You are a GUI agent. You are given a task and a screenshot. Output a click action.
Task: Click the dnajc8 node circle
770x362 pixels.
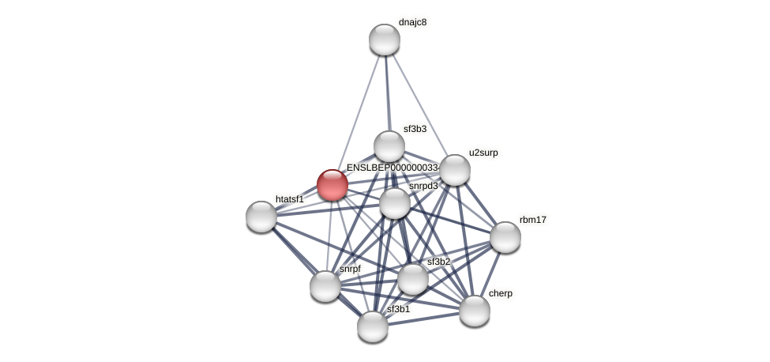(x=385, y=40)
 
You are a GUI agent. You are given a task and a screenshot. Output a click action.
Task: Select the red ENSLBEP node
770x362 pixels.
(x=332, y=185)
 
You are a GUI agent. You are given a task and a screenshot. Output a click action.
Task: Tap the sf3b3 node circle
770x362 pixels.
(x=389, y=146)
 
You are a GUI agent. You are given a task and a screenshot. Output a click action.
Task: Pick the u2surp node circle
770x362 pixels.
(x=455, y=170)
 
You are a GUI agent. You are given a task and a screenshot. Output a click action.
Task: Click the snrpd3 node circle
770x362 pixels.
(x=395, y=203)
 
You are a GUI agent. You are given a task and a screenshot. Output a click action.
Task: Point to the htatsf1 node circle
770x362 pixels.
(x=261, y=217)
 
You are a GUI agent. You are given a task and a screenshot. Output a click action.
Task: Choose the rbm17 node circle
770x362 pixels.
(x=505, y=237)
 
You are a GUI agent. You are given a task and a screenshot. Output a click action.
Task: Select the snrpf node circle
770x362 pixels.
(x=325, y=286)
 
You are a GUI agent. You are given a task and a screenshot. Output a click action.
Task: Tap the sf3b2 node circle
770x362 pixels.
(x=413, y=279)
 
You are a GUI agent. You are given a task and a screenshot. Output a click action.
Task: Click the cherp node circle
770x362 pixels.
(x=475, y=311)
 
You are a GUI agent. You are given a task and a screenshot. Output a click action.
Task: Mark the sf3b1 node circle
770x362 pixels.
(x=373, y=326)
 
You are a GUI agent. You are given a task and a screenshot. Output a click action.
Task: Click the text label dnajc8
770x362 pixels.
(x=412, y=22)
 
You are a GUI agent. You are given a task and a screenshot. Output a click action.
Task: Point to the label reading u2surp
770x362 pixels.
(x=483, y=153)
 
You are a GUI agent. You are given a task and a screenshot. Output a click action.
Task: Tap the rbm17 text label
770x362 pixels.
(x=533, y=220)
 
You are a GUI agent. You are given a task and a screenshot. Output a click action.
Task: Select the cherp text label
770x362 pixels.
(x=501, y=293)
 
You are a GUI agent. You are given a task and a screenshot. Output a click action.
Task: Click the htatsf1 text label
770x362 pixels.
(x=290, y=199)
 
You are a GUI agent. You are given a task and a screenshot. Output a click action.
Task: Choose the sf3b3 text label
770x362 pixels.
(x=415, y=129)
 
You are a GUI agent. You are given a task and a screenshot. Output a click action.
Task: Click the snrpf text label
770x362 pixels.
(x=350, y=269)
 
